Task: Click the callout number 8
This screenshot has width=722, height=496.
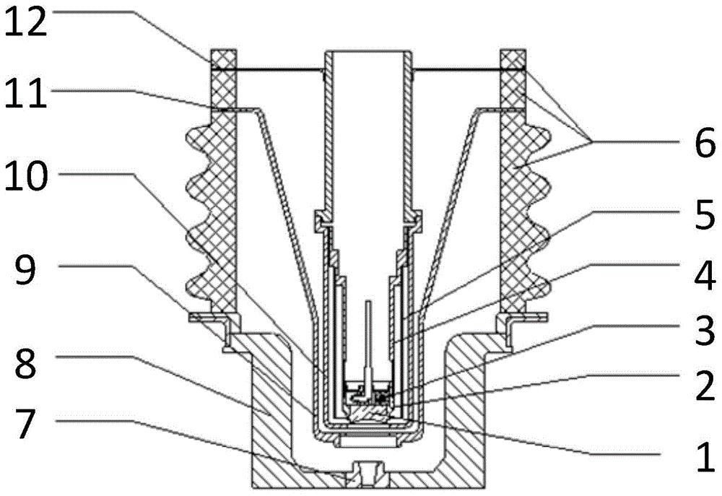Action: (26, 361)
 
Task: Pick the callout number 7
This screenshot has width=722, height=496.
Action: (26, 425)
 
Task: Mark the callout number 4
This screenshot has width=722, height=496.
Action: (705, 277)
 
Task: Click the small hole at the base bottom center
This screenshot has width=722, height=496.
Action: (367, 474)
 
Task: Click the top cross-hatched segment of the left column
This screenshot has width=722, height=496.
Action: (223, 59)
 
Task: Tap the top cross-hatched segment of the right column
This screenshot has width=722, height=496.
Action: (513, 59)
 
